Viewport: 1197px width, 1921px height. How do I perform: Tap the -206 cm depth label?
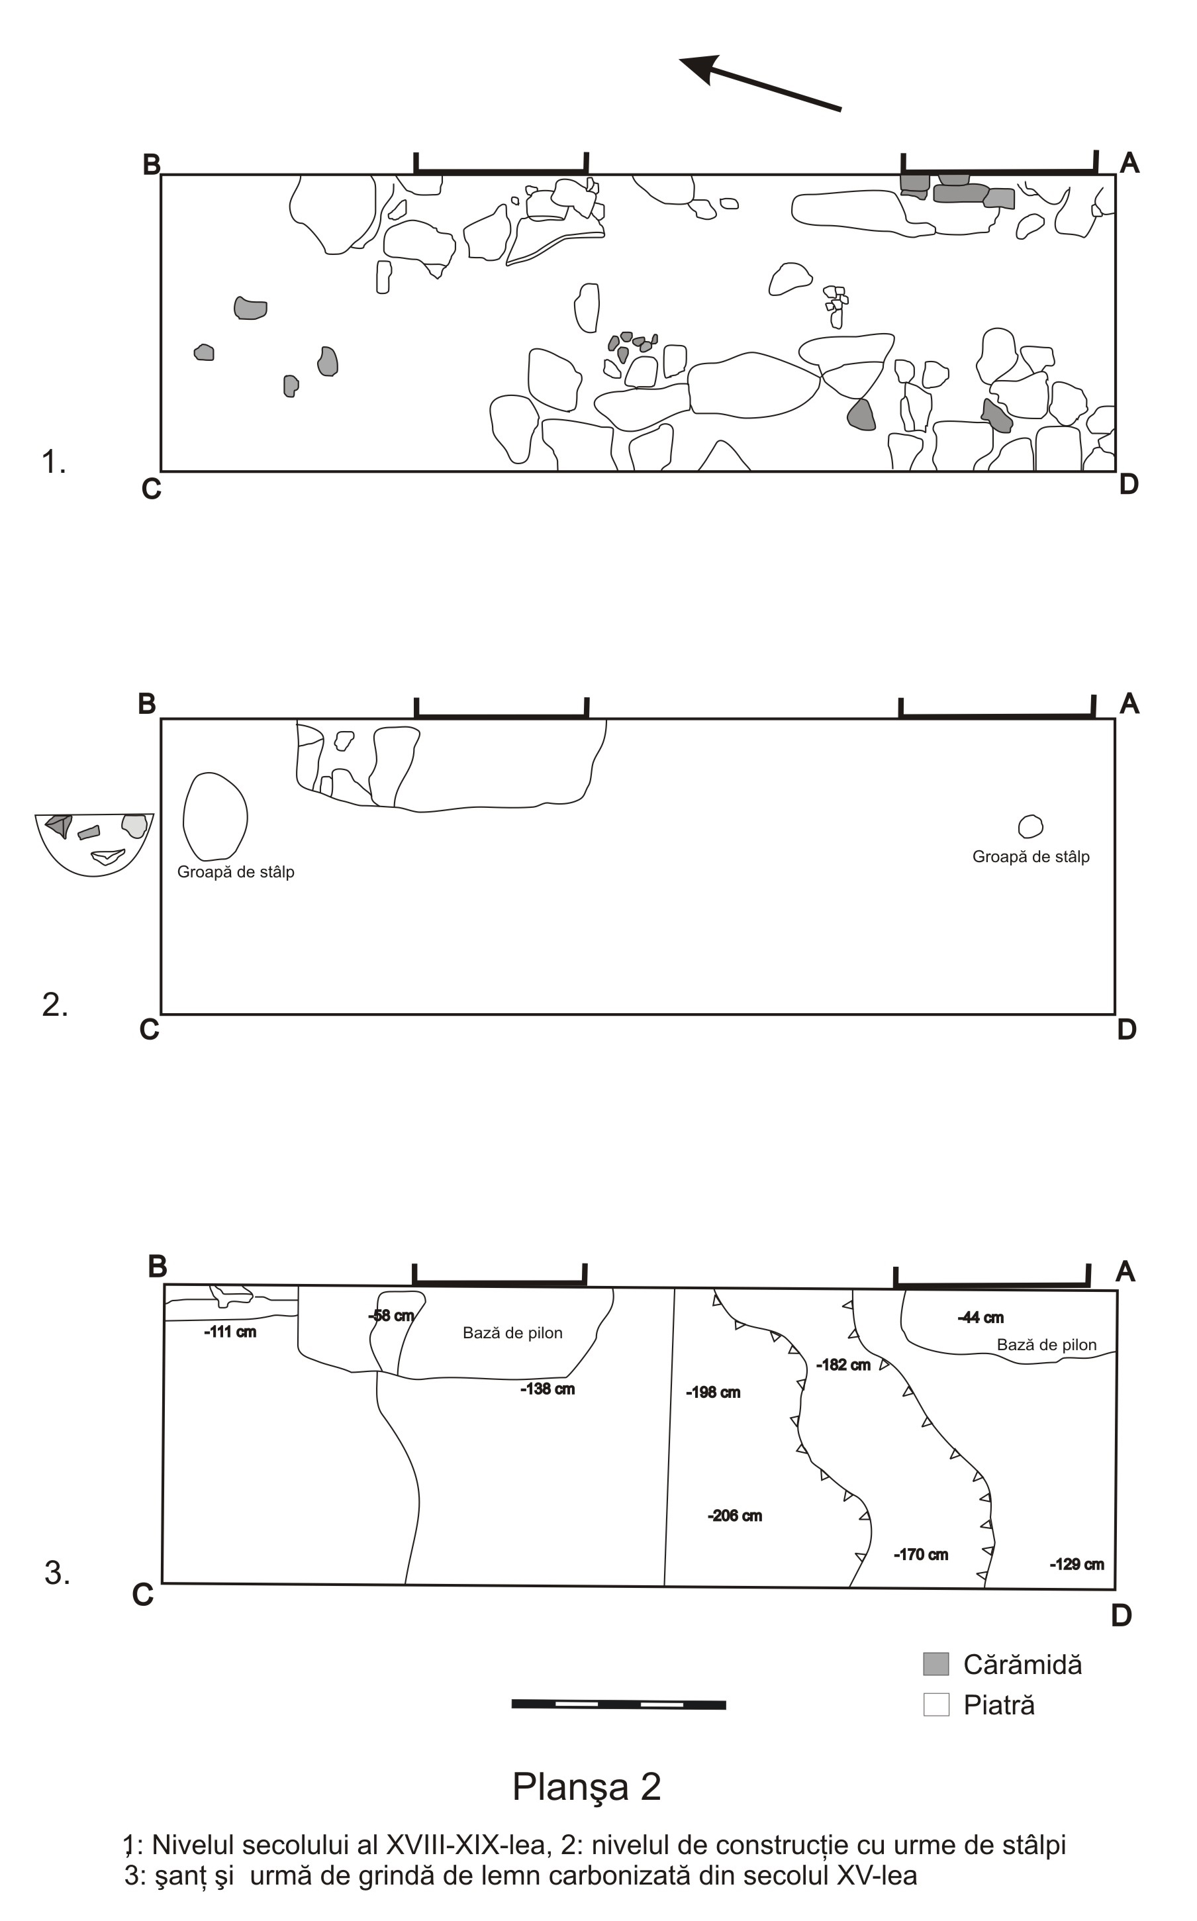click(x=735, y=1516)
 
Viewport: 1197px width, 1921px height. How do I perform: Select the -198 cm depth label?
click(x=713, y=1392)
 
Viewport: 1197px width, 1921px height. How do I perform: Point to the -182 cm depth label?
click(x=843, y=1364)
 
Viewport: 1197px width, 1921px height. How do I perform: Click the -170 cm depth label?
click(x=921, y=1554)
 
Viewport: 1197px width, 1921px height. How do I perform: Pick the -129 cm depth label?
click(x=1077, y=1564)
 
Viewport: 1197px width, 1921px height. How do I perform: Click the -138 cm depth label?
click(x=547, y=1389)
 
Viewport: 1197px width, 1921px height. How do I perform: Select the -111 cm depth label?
click(x=230, y=1332)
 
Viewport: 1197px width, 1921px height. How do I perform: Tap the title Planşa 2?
click(x=587, y=1787)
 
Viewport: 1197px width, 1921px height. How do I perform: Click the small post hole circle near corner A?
click(x=1030, y=826)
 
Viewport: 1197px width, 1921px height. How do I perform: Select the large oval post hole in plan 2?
click(x=215, y=816)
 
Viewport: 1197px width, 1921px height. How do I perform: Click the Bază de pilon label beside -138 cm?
click(x=512, y=1333)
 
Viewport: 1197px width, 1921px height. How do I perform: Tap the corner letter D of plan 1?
click(x=1128, y=484)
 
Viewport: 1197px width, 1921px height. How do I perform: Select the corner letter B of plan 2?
click(x=147, y=703)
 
